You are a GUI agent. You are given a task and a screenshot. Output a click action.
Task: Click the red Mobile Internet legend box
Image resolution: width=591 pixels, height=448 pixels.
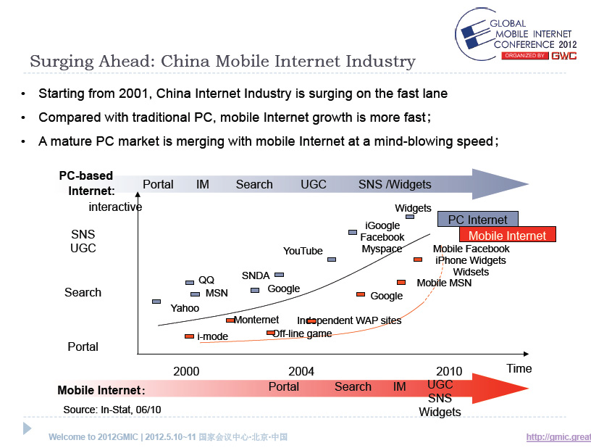click(x=507, y=235)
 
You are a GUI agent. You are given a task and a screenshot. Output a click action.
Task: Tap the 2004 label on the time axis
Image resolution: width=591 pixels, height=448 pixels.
click(x=301, y=371)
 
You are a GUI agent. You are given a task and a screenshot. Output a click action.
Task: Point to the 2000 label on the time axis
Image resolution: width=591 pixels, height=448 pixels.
click(x=186, y=371)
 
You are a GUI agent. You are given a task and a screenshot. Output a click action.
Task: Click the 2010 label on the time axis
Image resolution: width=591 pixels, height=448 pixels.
click(x=449, y=371)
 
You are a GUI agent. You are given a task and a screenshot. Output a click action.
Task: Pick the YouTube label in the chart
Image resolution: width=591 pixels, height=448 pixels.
click(x=303, y=251)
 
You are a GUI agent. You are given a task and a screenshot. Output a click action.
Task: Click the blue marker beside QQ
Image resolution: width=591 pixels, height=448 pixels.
click(x=190, y=282)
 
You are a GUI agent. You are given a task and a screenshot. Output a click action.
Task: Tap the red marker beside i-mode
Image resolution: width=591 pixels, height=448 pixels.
click(x=189, y=336)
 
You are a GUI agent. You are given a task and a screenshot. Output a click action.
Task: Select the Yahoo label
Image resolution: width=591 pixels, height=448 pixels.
click(x=185, y=308)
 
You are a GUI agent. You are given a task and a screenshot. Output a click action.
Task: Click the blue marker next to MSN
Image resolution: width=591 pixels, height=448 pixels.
click(x=195, y=294)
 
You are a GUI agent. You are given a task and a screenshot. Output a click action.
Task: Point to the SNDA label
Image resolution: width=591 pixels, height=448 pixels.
click(x=256, y=275)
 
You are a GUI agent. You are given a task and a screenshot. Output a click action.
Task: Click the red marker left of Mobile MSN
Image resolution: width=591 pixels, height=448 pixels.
click(x=401, y=282)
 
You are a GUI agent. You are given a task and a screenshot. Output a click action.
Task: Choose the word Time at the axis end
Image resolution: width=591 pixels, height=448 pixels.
click(x=519, y=368)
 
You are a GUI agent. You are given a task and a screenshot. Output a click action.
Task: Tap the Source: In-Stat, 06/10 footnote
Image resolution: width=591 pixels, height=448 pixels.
click(x=112, y=410)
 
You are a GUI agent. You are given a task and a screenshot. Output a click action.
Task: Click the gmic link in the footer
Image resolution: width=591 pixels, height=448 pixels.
click(x=558, y=436)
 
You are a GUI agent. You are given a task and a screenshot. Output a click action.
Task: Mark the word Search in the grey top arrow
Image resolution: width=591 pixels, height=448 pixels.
click(x=254, y=184)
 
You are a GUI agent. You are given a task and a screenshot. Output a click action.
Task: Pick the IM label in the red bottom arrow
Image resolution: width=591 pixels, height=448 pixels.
click(x=400, y=386)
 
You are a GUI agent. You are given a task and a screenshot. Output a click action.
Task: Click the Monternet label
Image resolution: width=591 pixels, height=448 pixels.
click(x=256, y=320)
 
